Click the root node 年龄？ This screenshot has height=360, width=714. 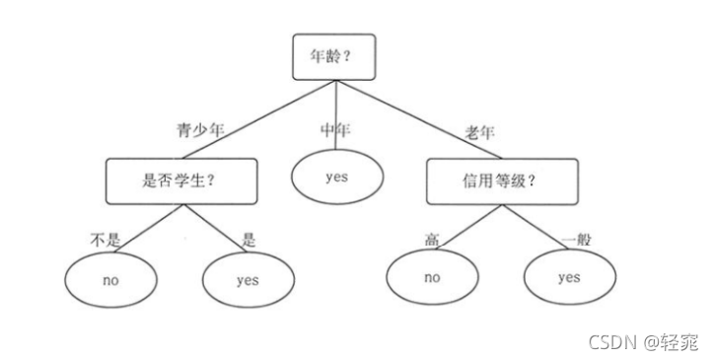coord(336,58)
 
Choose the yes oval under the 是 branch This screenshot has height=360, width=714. coord(247,279)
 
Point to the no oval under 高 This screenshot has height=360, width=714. coord(431,277)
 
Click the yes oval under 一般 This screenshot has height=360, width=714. coord(568,277)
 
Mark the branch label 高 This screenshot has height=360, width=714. coord(431,237)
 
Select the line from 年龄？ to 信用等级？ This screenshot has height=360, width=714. coord(424,119)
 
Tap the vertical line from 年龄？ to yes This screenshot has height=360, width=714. coord(336,113)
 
